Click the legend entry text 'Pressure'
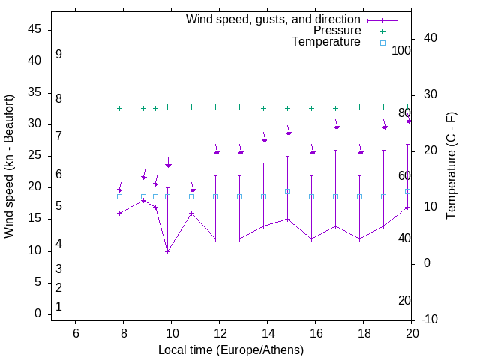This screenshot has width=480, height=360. [x=337, y=31]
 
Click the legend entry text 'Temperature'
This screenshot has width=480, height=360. [x=326, y=42]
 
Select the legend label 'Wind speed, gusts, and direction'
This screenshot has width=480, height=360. [x=274, y=19]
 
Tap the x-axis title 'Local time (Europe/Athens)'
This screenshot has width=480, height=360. [x=231, y=349]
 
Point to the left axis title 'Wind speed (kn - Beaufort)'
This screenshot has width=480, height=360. [x=9, y=166]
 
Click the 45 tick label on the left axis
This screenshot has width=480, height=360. [x=34, y=29]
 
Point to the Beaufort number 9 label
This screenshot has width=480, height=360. [x=58, y=55]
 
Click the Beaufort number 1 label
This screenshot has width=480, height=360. [x=58, y=307]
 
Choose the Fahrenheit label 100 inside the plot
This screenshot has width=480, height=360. [x=401, y=50]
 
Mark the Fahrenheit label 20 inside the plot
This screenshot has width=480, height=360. [x=404, y=300]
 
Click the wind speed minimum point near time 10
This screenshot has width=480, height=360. [x=167, y=251]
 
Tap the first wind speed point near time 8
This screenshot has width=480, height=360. [x=119, y=213]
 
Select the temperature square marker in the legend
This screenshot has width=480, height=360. [x=382, y=43]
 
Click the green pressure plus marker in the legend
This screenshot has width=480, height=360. [x=382, y=31]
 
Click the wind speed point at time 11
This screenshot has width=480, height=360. [x=191, y=213]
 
